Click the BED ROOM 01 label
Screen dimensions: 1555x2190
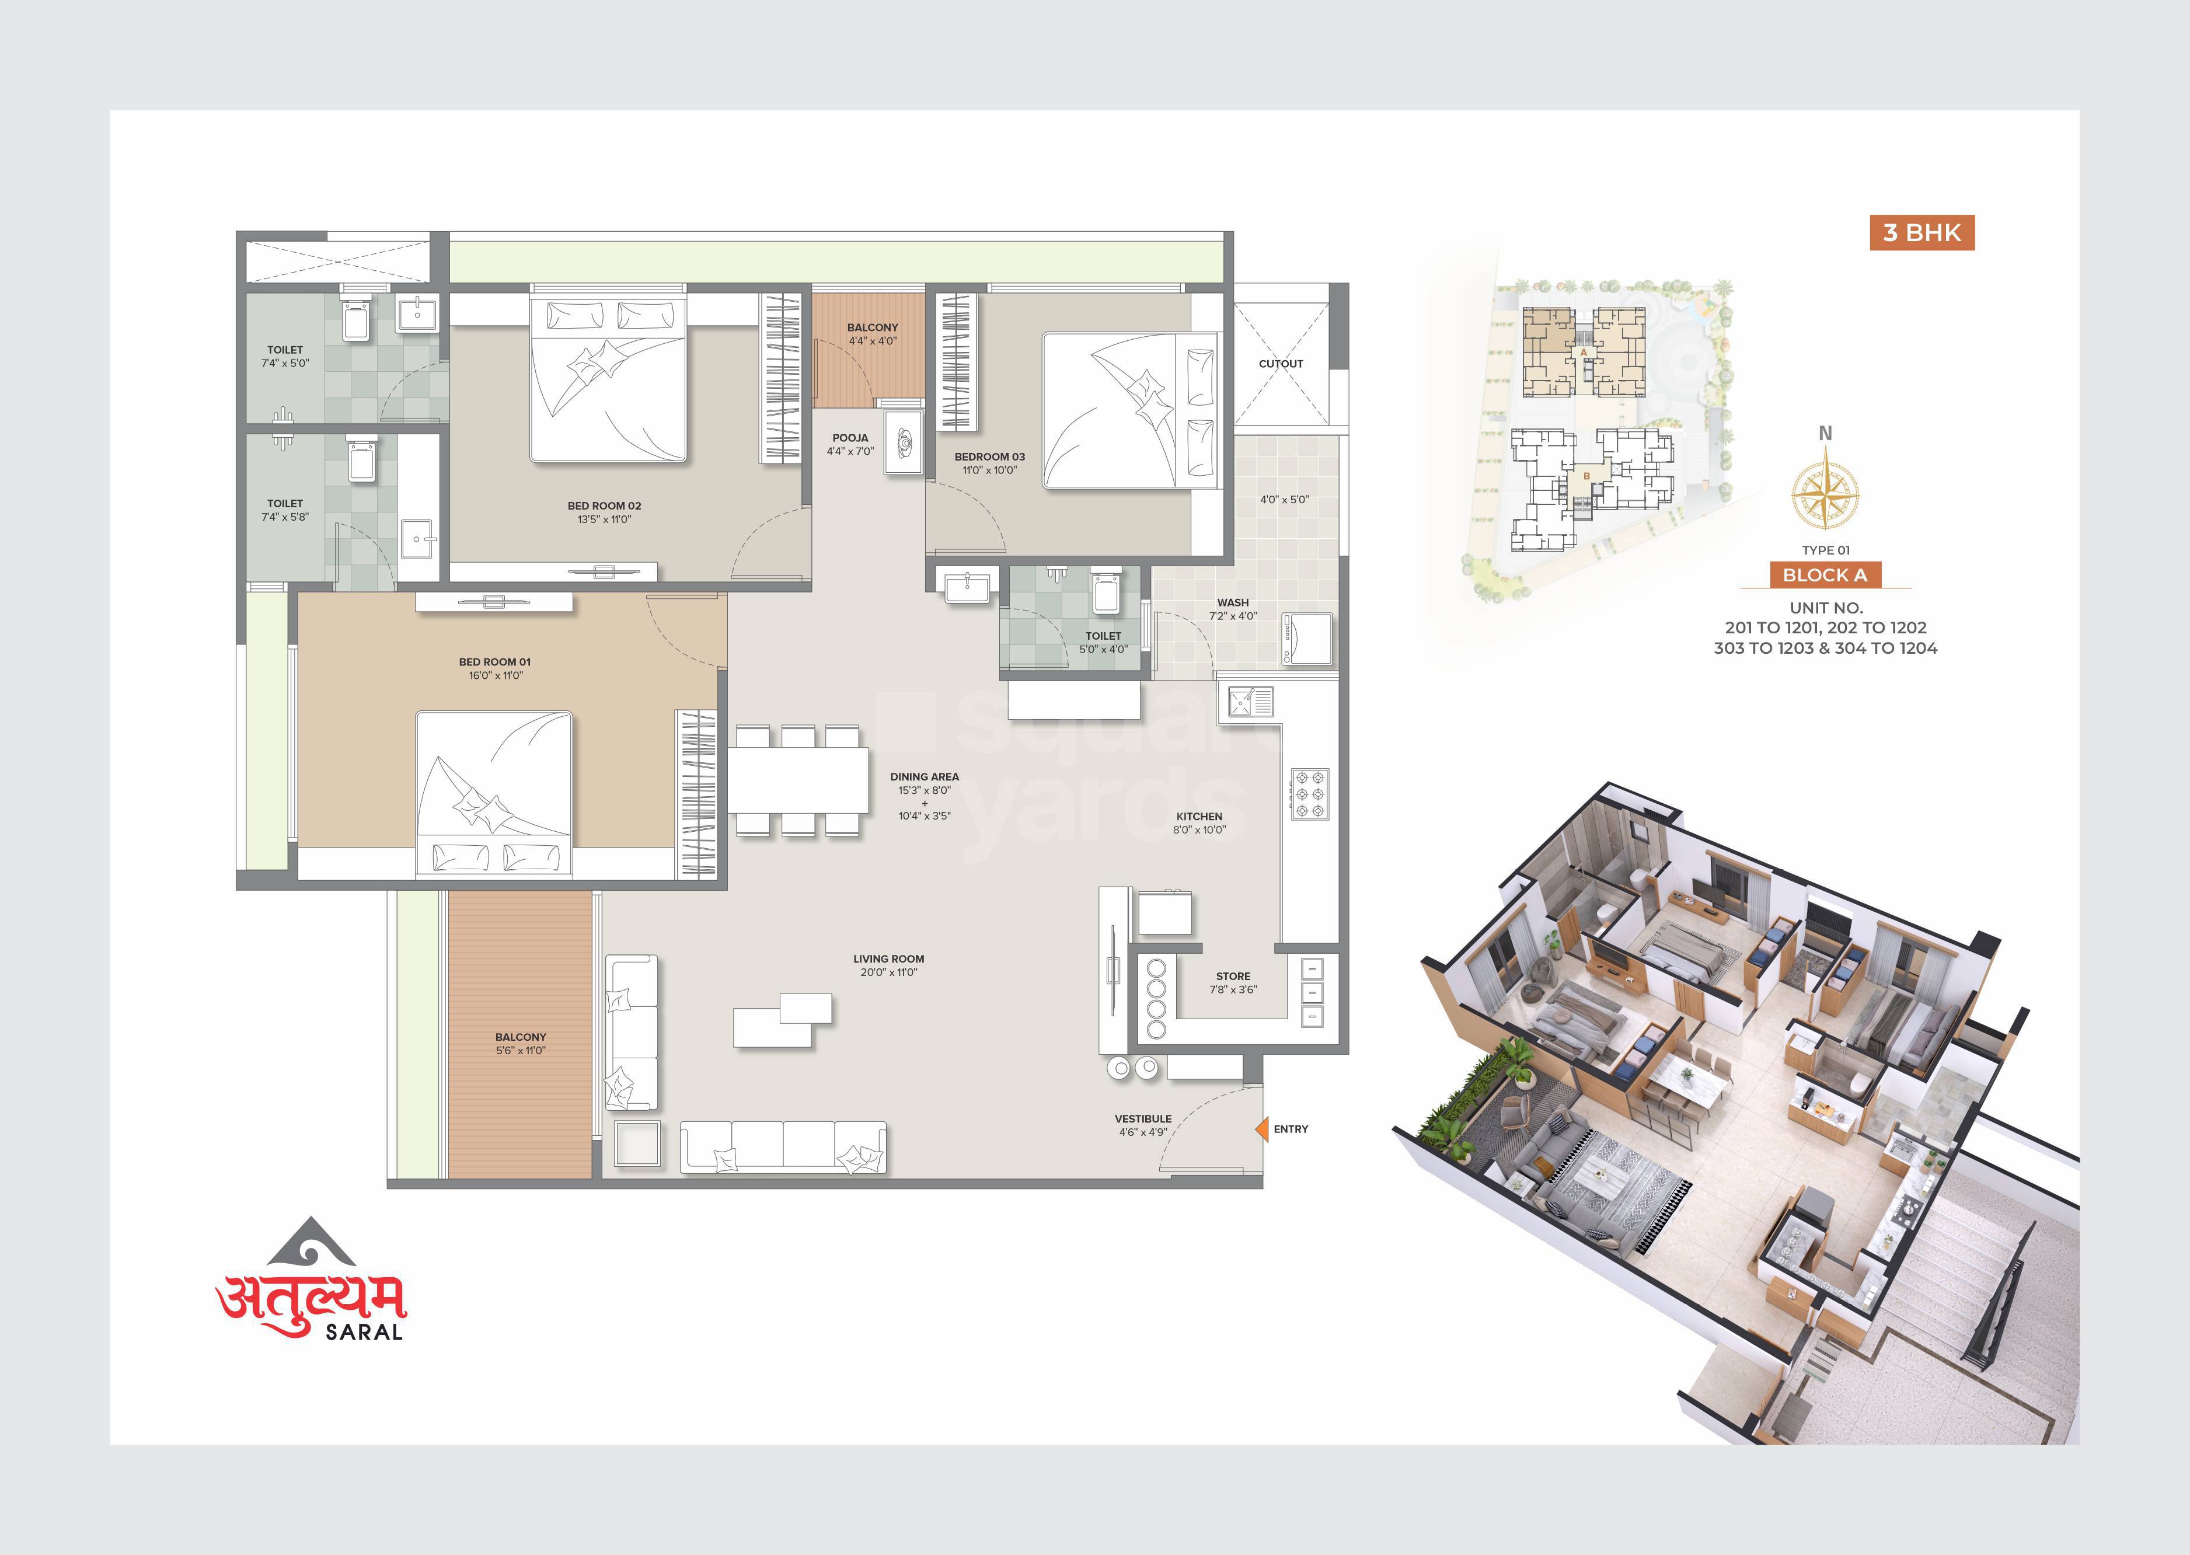494,662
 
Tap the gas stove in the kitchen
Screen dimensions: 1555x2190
1309,794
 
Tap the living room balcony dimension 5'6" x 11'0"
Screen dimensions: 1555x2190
521,1051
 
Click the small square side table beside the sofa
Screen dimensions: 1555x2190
637,1144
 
